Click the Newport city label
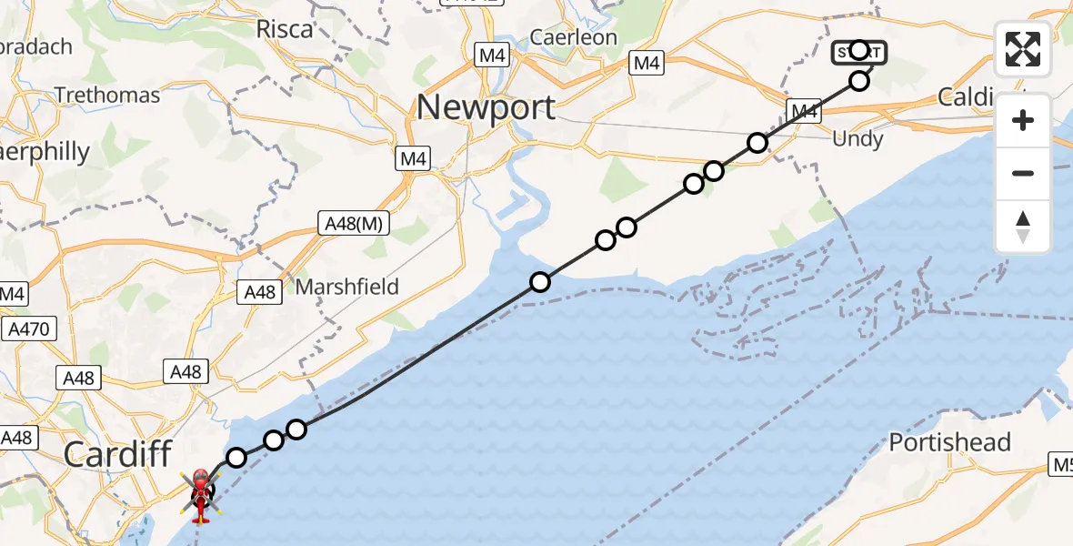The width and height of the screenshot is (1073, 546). pos(486,107)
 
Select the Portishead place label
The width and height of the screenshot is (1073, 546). pos(949,442)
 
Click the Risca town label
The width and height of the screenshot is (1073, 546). pos(285,28)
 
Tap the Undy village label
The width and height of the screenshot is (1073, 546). pos(857,139)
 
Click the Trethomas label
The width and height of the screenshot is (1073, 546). pos(107,95)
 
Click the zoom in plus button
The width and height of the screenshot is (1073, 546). pos(1023,120)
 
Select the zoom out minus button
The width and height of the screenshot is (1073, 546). pos(1023,173)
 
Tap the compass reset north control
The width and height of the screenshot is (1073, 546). pos(1023,226)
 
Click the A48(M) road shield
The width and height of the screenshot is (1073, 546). pos(355,222)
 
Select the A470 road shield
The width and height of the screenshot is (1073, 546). pos(29,329)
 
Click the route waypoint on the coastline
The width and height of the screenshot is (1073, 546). pos(540,282)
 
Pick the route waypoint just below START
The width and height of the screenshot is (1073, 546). pos(859,82)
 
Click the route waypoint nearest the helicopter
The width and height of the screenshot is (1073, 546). pos(236,457)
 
